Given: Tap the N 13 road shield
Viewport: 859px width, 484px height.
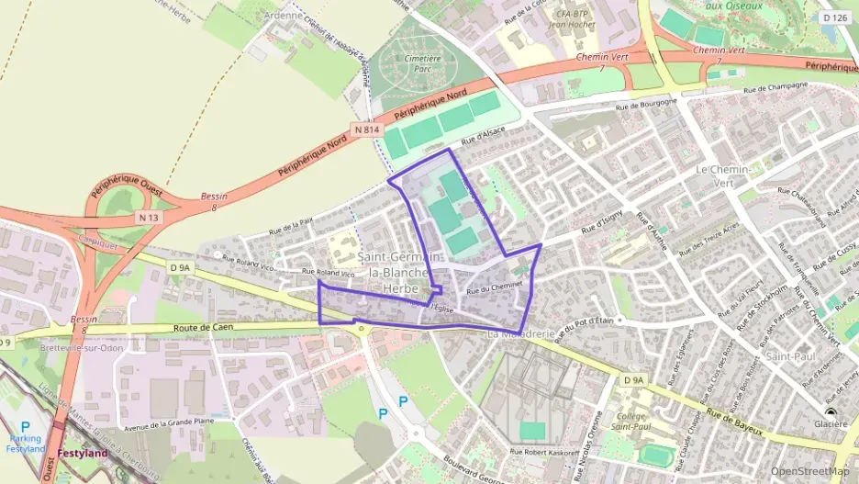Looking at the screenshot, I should tap(149, 217).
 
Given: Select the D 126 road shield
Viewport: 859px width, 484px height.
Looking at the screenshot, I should tap(835, 17).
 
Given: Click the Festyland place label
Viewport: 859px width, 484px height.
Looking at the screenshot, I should tap(81, 453).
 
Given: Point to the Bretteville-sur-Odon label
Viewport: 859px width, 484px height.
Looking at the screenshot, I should tap(82, 348).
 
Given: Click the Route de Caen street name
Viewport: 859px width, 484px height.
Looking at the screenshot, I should tap(205, 327).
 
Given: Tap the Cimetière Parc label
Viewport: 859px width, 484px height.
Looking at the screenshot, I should tap(423, 62).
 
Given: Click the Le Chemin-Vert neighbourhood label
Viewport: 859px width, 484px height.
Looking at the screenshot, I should tap(724, 176).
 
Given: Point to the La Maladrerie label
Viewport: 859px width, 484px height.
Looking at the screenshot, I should tap(520, 334).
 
